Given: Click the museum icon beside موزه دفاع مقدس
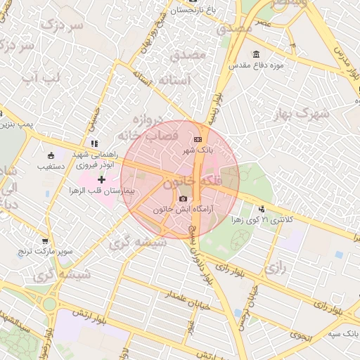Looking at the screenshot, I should (x=255, y=55).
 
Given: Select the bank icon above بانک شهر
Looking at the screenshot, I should (x=196, y=139).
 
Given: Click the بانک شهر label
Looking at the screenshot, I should (x=198, y=150).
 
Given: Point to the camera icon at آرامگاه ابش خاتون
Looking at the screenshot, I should (x=184, y=199).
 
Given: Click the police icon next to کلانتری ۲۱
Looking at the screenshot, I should (x=262, y=208).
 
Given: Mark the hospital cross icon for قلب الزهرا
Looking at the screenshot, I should (x=102, y=180).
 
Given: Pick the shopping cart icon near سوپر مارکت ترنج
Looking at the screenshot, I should (x=46, y=240).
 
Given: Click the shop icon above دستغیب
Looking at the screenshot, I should (x=51, y=155).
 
